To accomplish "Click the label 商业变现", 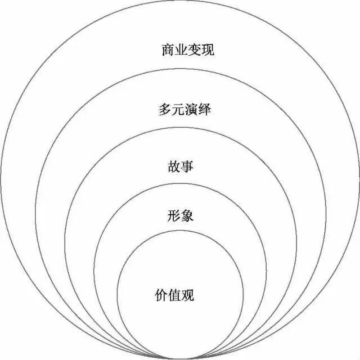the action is tap(188, 50).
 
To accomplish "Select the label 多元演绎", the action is tap(184, 109).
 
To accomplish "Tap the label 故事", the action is tap(181, 166).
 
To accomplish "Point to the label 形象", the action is tap(181, 216).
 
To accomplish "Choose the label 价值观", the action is tap(174, 295).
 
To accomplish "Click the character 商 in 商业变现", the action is tap(168, 50).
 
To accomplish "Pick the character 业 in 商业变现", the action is tap(181, 50).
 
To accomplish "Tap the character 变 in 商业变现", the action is tap(195, 50).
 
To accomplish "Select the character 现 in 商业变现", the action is tap(208, 50).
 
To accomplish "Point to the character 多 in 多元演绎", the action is tap(165, 109).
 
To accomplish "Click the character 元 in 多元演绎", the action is tap(178, 109).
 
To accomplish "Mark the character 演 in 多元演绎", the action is tap(191, 109).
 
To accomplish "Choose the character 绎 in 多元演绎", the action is tap(204, 109).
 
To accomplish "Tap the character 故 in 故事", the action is tap(174, 166).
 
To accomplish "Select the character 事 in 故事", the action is tap(187, 166).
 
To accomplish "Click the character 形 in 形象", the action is tap(174, 216).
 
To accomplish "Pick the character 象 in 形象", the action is tap(187, 216).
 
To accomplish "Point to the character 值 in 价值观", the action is tap(174, 295).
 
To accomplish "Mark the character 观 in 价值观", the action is tap(188, 295).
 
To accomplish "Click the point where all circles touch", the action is tap(180, 358).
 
